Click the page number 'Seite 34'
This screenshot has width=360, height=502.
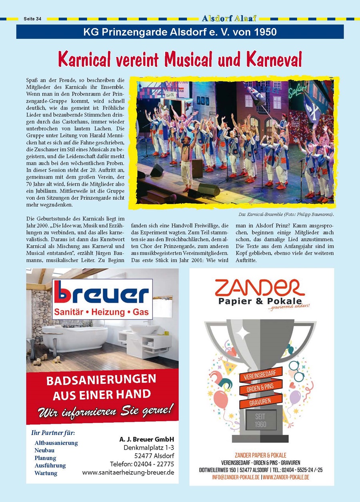[x=32, y=19]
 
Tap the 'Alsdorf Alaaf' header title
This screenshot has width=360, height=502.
[x=229, y=18]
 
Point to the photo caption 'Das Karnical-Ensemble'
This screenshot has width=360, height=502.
[x=262, y=215]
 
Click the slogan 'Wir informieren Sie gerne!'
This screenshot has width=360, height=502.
[x=106, y=410]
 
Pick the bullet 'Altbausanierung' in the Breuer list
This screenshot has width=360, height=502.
[x=56, y=443]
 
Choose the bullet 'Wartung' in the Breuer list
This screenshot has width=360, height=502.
[x=46, y=473]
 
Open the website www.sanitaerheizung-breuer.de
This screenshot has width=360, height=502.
[x=128, y=472]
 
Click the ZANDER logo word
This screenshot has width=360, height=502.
[x=260, y=288]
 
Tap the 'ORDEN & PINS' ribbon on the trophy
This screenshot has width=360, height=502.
[x=260, y=388]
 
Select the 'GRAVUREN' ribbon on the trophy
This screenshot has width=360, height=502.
[x=260, y=401]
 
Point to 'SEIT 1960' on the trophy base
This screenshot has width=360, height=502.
[x=260, y=420]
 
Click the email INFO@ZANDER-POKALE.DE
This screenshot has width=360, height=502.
[x=236, y=477]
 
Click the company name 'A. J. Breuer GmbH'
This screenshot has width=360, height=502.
[x=147, y=439]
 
